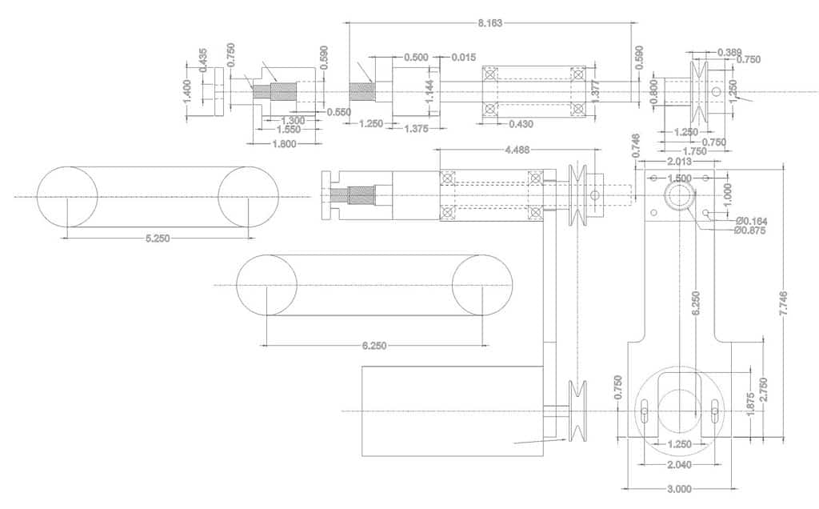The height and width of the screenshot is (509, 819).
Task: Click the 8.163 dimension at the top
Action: point(489,23)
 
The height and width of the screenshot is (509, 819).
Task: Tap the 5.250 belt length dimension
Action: point(158,238)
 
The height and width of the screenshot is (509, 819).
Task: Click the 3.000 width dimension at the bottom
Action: point(679,488)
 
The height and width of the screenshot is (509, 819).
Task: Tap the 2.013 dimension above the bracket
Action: point(679,162)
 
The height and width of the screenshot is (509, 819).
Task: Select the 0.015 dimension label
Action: point(463,58)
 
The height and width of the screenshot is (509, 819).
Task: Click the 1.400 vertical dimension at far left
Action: point(187,90)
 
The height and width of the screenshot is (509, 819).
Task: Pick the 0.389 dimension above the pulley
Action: point(729,51)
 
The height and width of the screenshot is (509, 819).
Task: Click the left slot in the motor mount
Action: point(644,415)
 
